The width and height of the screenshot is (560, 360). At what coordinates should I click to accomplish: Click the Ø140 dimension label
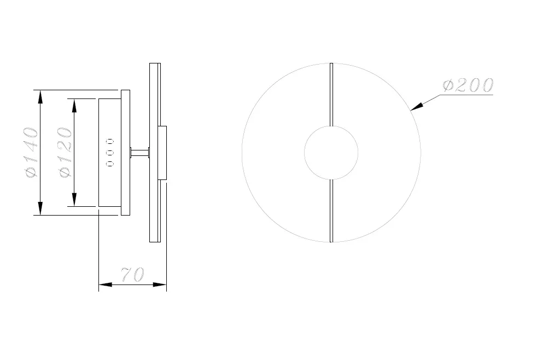(31, 153)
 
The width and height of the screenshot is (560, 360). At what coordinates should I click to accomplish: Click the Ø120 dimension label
(65, 153)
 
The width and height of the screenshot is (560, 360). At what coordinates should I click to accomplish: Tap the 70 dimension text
(132, 274)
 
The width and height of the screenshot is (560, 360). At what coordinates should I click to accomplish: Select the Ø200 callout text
(468, 85)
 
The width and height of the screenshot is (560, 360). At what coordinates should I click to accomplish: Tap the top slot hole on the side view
(110, 141)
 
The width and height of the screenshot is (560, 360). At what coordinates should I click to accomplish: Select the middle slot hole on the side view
(110, 153)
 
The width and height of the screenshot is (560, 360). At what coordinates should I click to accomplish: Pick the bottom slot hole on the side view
(110, 164)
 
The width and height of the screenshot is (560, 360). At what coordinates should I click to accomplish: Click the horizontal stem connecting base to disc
(139, 153)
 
